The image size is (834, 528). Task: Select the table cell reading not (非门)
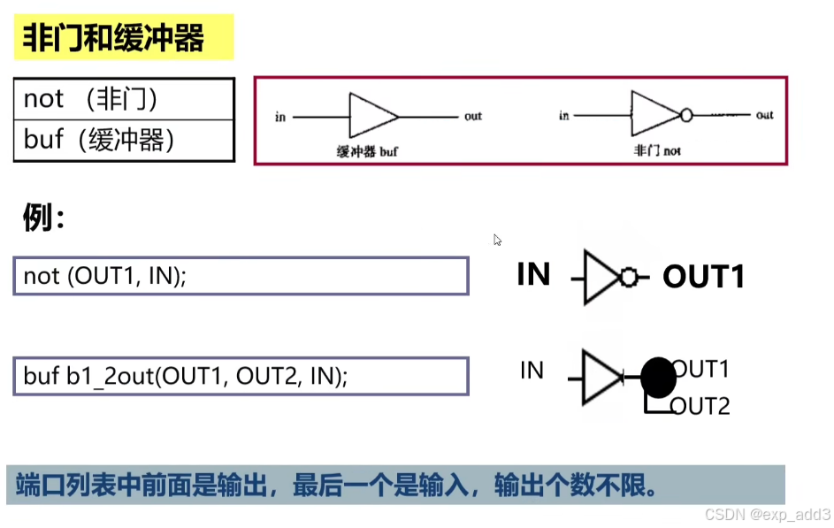pyautogui.click(x=124, y=99)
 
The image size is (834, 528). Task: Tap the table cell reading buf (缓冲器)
pyautogui.click(x=124, y=139)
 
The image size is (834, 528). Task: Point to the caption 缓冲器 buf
pyautogui.click(x=367, y=151)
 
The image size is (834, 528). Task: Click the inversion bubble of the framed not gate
pyautogui.click(x=685, y=115)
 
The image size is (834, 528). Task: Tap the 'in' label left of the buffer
pyautogui.click(x=280, y=117)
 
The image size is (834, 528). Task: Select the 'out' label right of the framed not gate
pyautogui.click(x=764, y=115)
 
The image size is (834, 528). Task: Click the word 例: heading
pyautogui.click(x=43, y=218)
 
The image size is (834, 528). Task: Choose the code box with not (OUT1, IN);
pyautogui.click(x=240, y=276)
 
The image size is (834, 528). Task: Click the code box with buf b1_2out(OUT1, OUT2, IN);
pyautogui.click(x=240, y=376)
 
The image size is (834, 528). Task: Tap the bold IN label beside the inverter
pyautogui.click(x=533, y=275)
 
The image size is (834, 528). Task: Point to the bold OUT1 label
pyautogui.click(x=703, y=277)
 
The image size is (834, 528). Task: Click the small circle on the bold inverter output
pyautogui.click(x=629, y=278)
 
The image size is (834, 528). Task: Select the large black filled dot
pyautogui.click(x=657, y=378)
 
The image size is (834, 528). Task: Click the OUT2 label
pyautogui.click(x=700, y=407)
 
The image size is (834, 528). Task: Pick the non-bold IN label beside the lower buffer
pyautogui.click(x=532, y=371)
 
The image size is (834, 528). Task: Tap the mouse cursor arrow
pyautogui.click(x=497, y=240)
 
